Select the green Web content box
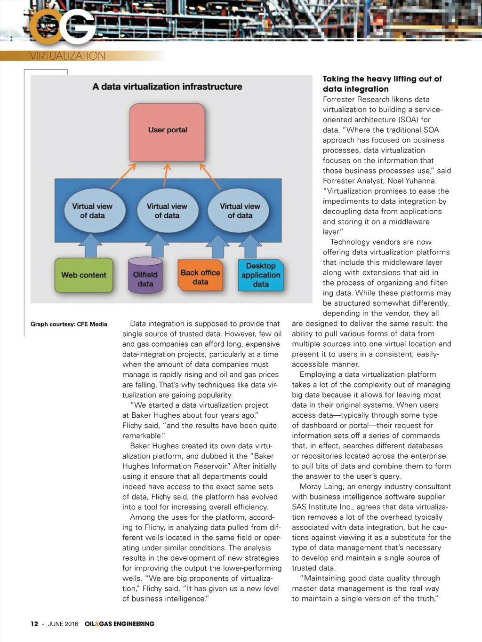(x=84, y=275)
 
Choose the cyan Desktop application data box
(x=261, y=275)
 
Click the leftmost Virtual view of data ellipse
(x=92, y=211)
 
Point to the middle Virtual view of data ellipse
(x=167, y=211)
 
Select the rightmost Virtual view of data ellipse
(x=240, y=211)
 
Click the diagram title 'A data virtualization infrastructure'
(x=167, y=87)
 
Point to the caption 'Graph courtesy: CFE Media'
(x=69, y=324)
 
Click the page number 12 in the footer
(x=34, y=624)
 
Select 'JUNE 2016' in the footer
(x=63, y=624)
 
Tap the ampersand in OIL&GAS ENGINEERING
(x=97, y=624)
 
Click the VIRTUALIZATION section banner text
(x=67, y=56)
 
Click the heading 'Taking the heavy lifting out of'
(x=382, y=79)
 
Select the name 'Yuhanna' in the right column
(x=421, y=181)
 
